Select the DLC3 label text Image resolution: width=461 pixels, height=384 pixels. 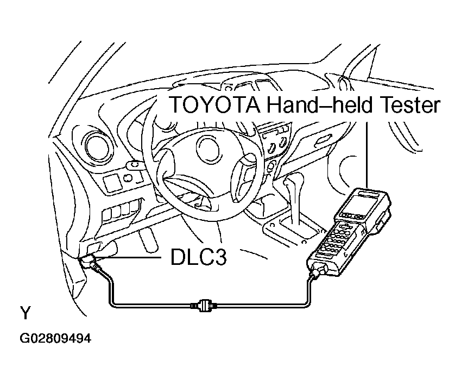pos(198,257)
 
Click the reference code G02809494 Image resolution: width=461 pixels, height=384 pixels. pos(55,338)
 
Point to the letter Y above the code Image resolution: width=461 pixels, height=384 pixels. pos(26,313)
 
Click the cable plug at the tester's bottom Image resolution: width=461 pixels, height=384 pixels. pos(318,271)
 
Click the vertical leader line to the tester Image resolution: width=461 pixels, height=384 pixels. pos(367,154)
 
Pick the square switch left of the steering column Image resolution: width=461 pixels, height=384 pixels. pos(112,182)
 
